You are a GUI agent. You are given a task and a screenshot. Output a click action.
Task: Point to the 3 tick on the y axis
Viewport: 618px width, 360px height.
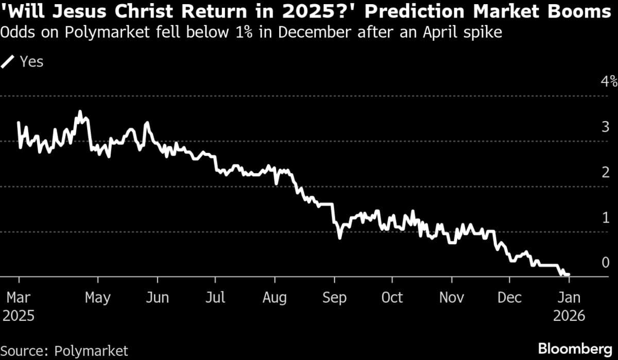(606, 127)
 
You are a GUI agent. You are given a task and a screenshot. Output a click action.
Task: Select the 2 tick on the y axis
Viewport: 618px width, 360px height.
(606, 172)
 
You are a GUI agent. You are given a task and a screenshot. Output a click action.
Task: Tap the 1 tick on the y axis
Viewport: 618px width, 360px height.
(606, 217)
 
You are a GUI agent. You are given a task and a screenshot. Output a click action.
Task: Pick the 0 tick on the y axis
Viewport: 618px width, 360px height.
(606, 263)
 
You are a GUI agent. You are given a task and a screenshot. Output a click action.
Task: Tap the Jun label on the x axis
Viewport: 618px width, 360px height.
(157, 298)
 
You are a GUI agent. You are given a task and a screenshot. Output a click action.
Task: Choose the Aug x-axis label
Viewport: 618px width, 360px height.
(274, 298)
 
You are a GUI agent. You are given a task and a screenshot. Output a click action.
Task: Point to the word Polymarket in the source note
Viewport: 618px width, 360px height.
(91, 351)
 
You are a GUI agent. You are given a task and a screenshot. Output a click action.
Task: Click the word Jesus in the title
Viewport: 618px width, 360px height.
(72, 12)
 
